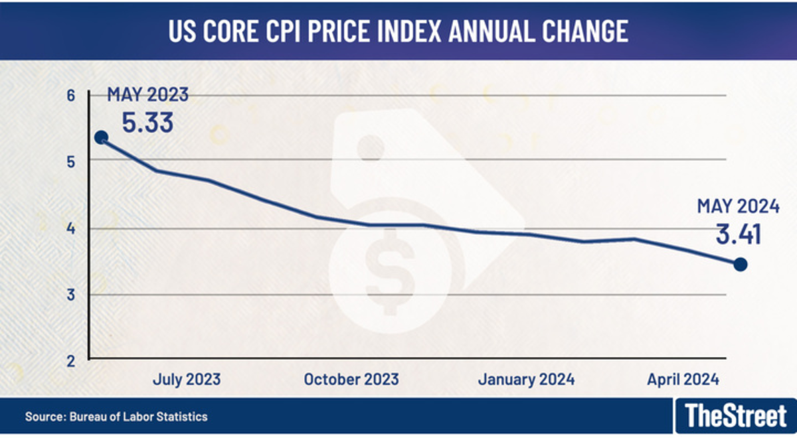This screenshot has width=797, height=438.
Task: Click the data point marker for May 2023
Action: (101, 137)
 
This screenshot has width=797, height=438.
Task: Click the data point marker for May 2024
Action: (741, 264)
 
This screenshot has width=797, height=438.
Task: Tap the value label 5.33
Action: (147, 123)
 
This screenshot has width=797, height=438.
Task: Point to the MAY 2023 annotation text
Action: (147, 95)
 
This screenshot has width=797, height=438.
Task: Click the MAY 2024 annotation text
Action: (737, 207)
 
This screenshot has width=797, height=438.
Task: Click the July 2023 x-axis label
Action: (186, 380)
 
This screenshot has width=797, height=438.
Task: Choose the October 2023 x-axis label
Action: (351, 380)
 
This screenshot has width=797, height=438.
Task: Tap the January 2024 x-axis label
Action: (526, 380)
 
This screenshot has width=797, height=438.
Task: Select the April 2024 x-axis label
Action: (683, 380)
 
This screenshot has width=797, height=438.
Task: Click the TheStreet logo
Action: (735, 416)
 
